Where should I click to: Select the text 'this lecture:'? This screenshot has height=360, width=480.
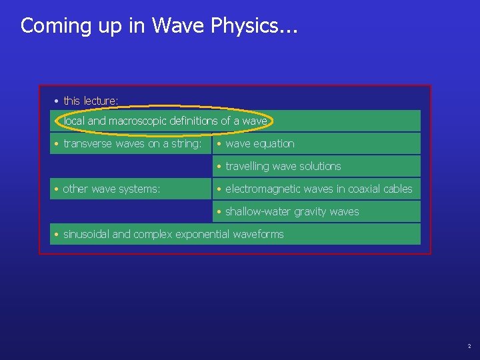point(91,101)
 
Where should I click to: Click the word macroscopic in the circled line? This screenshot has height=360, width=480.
point(137,121)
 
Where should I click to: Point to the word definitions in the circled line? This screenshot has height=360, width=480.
point(194,121)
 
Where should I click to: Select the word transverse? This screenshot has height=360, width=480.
point(88,144)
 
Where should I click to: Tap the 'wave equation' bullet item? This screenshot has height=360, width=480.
point(259,144)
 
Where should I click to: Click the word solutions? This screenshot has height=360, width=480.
point(319,167)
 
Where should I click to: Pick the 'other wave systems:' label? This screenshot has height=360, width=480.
point(111,189)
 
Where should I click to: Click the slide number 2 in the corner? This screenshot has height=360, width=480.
point(469,347)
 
